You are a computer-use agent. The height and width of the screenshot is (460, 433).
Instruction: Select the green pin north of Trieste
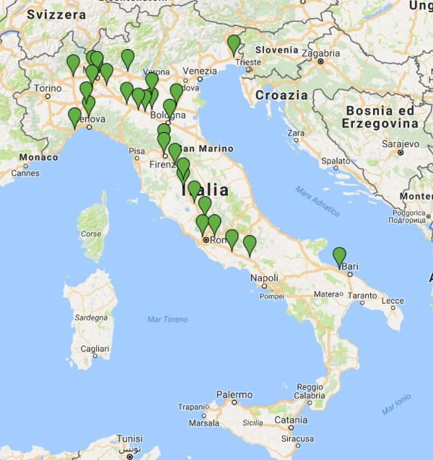point(234,44)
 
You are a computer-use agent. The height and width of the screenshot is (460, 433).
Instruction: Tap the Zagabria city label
point(320,53)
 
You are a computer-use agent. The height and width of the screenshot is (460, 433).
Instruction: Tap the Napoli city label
point(264,278)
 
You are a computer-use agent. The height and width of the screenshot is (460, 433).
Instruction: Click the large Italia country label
point(206,190)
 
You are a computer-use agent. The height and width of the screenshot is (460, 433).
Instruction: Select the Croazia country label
point(281,95)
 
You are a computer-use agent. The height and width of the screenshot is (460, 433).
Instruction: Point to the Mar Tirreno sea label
point(167,319)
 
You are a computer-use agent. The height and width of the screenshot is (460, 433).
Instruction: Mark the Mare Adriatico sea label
point(316,201)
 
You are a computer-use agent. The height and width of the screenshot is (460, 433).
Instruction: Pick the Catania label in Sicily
point(291,420)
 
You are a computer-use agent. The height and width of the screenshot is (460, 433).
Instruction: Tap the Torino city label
point(48,89)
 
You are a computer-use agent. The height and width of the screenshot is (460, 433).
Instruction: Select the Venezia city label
point(200,71)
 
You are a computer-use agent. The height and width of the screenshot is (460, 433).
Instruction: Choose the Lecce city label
point(393,301)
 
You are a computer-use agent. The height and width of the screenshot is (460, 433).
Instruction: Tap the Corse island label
point(90,234)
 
